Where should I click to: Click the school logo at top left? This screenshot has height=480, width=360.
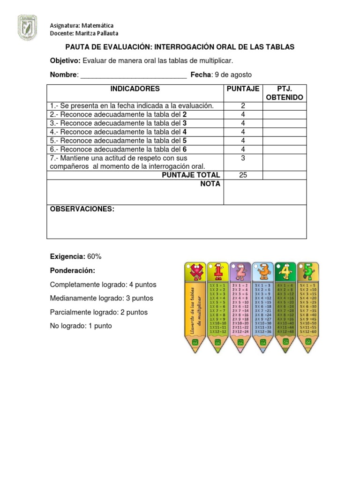pyautogui.click(x=27, y=27)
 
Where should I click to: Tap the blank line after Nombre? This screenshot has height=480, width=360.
pyautogui.click(x=133, y=75)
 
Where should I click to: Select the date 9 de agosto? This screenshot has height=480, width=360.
pyautogui.click(x=232, y=75)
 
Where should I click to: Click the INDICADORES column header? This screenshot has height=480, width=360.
pyautogui.click(x=135, y=89)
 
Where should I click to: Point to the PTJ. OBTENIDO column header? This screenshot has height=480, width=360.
pyautogui.click(x=285, y=93)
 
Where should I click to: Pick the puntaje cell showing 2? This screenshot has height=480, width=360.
pyautogui.click(x=243, y=106)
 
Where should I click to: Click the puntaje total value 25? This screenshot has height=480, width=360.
pyautogui.click(x=243, y=175)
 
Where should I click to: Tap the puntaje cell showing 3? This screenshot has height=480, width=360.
pyautogui.click(x=243, y=158)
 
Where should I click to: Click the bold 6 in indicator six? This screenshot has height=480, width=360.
pyautogui.click(x=185, y=149)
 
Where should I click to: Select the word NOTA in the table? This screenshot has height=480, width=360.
pyautogui.click(x=210, y=184)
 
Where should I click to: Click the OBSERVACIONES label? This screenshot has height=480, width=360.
pyautogui.click(x=82, y=209)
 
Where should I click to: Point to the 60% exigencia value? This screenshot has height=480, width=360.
pyautogui.click(x=94, y=256)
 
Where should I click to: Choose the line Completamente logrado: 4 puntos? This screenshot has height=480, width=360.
pyautogui.click(x=103, y=285)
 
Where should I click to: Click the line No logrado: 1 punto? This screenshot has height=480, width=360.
pyautogui.click(x=81, y=326)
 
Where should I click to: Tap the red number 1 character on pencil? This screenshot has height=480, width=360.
pyautogui.click(x=218, y=272)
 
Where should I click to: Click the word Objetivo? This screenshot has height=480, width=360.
pyautogui.click(x=65, y=61)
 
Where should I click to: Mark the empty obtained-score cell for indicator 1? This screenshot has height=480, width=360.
pyautogui.click(x=285, y=106)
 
